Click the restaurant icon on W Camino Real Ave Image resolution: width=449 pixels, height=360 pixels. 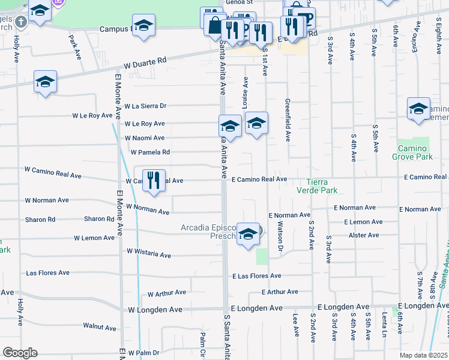154,181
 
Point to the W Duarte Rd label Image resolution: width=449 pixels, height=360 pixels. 145,62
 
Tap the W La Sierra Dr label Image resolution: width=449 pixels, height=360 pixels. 145,106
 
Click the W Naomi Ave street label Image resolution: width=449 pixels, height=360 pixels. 145,138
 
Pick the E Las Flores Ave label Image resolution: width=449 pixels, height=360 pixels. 257,276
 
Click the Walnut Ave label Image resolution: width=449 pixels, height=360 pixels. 100,327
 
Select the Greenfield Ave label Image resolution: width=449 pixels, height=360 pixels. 288,120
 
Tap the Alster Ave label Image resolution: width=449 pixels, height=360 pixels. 365,236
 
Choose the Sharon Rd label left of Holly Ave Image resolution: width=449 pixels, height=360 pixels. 40,220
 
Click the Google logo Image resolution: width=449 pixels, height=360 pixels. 20,353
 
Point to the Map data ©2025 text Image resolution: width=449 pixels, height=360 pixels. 423,355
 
